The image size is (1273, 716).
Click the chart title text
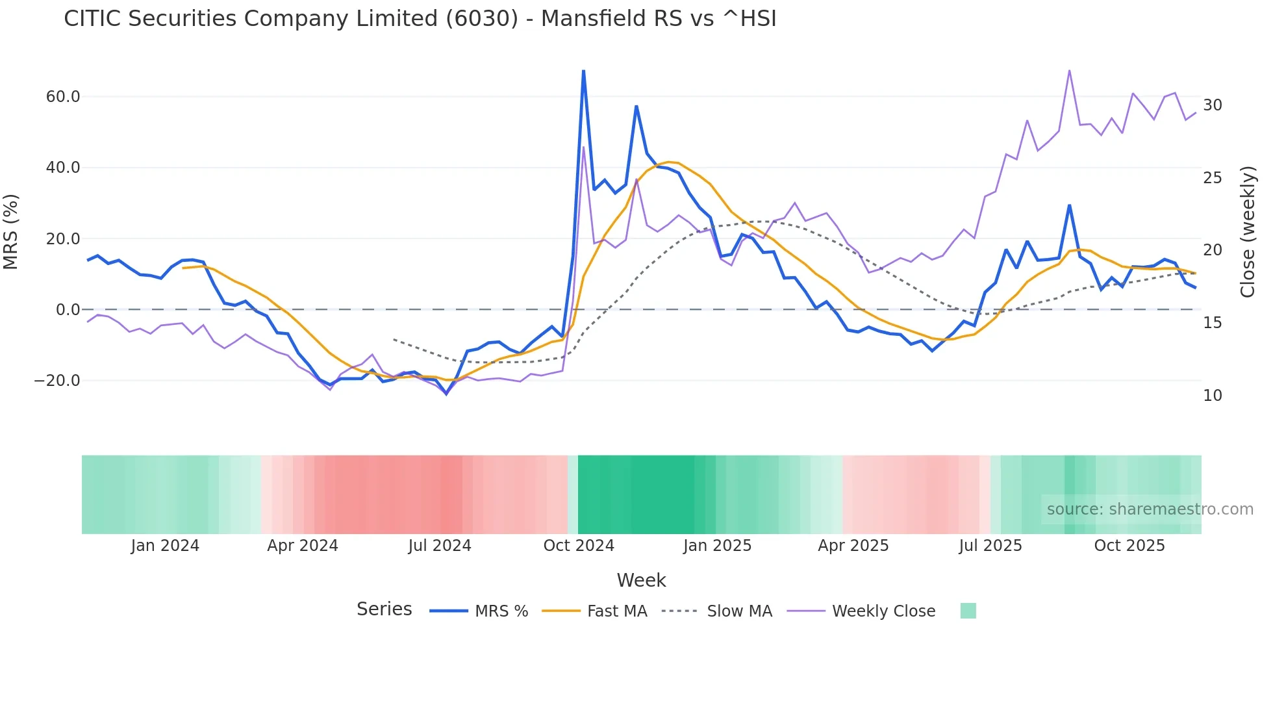(x=420, y=19)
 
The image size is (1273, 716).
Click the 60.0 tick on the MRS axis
(x=63, y=97)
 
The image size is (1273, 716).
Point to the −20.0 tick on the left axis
(x=57, y=381)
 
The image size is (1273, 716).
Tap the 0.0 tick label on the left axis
(x=68, y=310)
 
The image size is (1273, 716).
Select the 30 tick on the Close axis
(x=1212, y=105)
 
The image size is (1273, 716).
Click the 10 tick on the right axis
(x=1212, y=396)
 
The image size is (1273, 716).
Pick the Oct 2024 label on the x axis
(x=579, y=546)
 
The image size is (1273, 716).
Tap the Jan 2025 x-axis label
(x=717, y=546)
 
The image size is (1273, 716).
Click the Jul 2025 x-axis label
(x=990, y=546)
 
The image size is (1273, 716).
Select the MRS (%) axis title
(x=11, y=232)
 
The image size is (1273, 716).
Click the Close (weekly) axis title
(x=1247, y=232)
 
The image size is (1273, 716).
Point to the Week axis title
(x=641, y=580)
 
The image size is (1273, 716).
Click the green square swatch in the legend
(x=968, y=611)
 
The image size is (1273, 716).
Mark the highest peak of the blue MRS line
(x=583, y=70)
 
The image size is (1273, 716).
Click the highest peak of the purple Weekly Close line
(x=1069, y=71)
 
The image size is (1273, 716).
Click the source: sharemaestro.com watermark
(x=1150, y=509)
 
